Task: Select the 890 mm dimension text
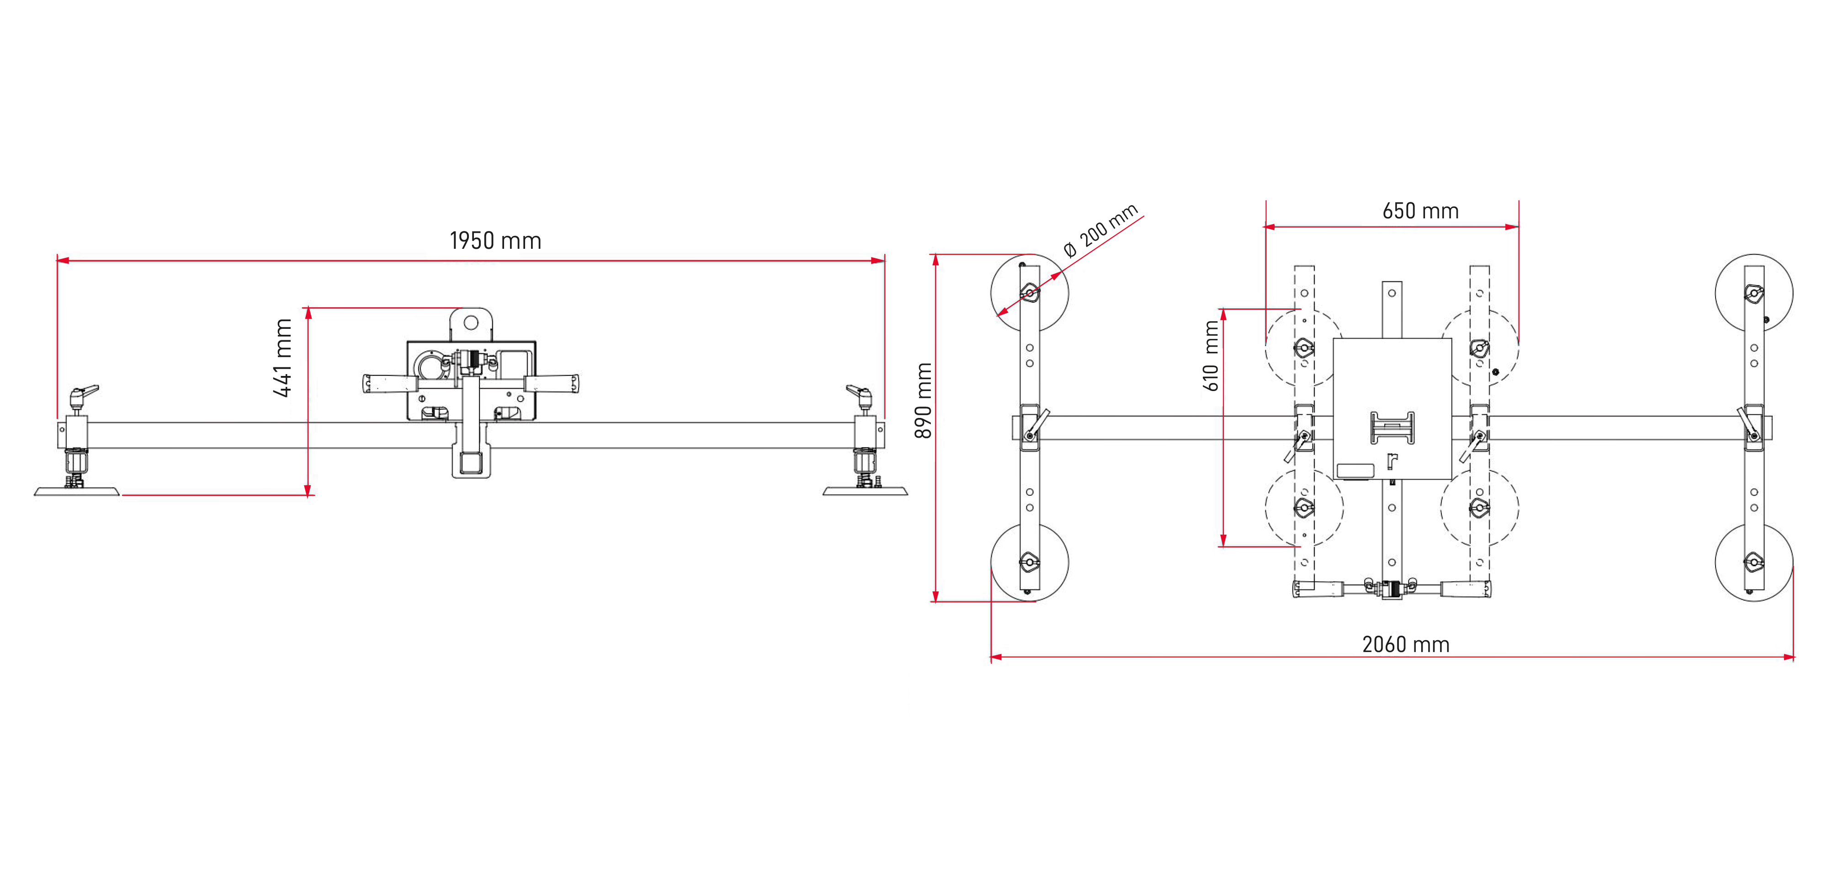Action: [923, 401]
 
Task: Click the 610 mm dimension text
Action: [1211, 356]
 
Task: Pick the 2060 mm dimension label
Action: [1405, 645]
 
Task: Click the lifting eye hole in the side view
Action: [471, 323]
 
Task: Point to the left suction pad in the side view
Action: [77, 491]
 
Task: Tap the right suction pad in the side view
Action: [865, 491]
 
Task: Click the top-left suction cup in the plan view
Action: [1029, 293]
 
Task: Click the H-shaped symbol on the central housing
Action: [1392, 428]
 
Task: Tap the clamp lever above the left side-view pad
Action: [85, 392]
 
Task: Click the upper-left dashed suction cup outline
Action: [1303, 348]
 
